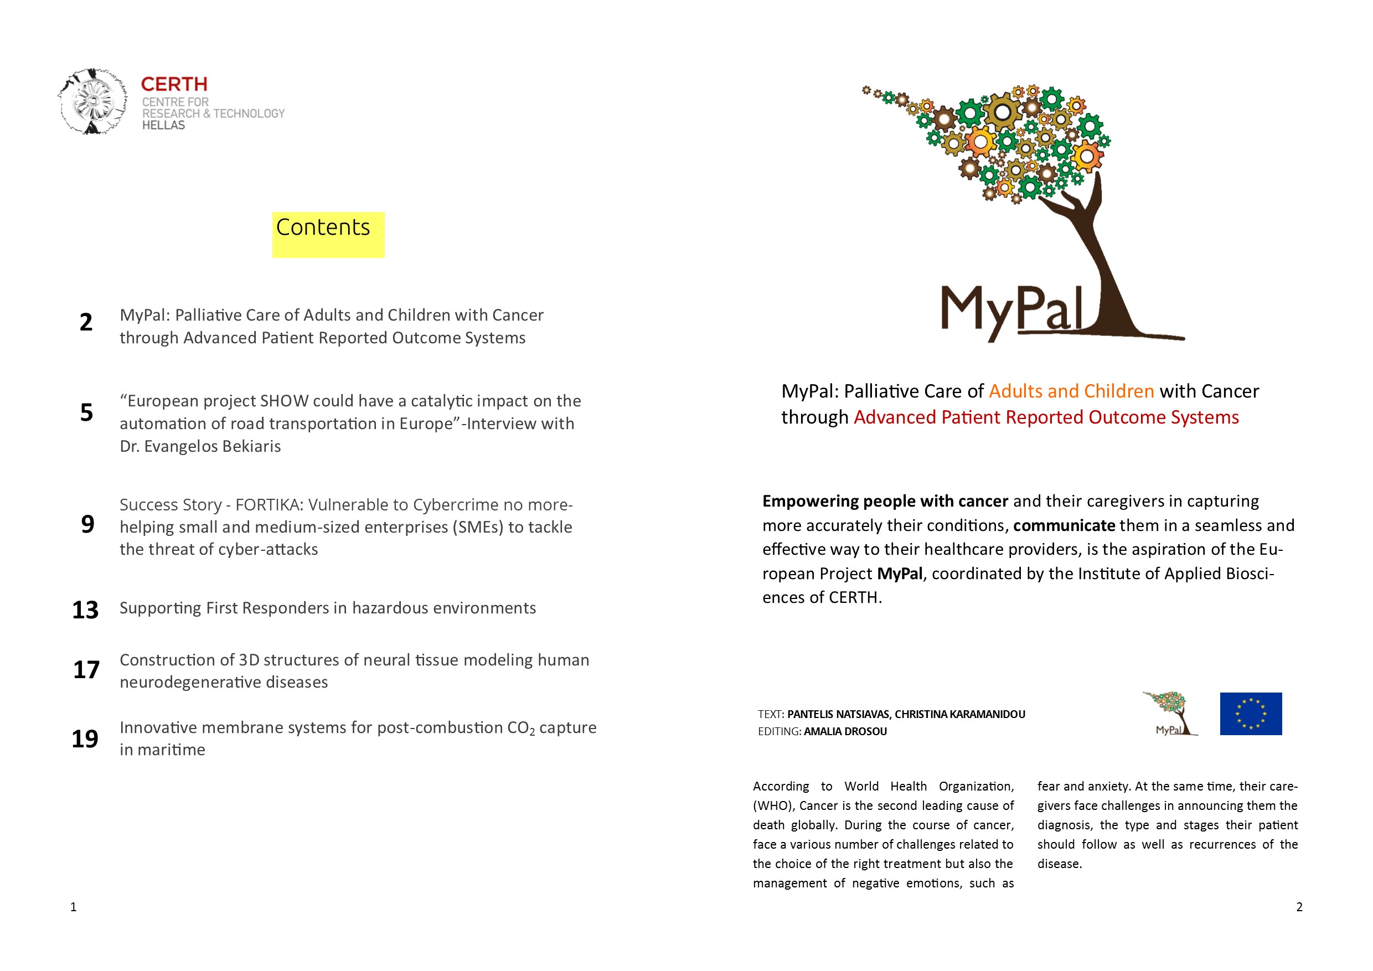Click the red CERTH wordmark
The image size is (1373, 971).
tap(174, 84)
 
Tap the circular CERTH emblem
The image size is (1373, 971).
tap(92, 101)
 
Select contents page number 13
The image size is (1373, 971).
tap(85, 610)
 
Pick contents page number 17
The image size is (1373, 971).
tap(86, 670)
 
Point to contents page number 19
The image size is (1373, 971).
tap(85, 739)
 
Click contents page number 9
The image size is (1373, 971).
tap(87, 524)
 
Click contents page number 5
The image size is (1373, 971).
tap(87, 412)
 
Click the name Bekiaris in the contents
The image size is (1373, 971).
tap(251, 447)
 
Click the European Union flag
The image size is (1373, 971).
tap(1251, 714)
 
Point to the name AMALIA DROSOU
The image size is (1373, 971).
tap(845, 731)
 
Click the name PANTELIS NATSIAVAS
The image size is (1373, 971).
tap(838, 715)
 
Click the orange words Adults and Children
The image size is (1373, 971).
tap(1071, 391)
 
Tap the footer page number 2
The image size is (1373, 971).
tap(1299, 907)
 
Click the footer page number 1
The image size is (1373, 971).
tap(74, 907)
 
